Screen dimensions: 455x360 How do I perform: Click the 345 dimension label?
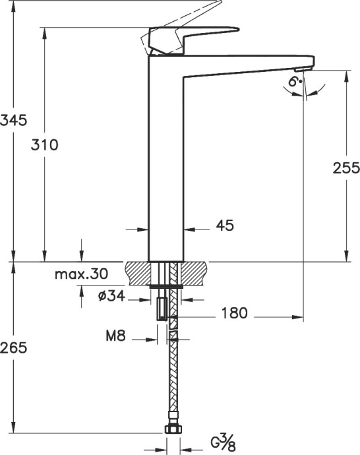pos(13,120)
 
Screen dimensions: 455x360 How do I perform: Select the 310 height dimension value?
pos(45,145)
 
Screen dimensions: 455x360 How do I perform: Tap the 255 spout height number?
pos(345,168)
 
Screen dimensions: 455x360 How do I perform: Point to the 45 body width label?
pos(225,226)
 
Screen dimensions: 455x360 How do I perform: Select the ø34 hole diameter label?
pos(111,296)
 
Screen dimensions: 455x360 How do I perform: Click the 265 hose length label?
pos(13,348)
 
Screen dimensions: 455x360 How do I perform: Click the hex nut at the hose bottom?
pos(172,429)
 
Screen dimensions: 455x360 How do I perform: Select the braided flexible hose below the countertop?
pos(173,376)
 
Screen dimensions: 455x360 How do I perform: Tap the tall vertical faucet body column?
pos(165,165)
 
